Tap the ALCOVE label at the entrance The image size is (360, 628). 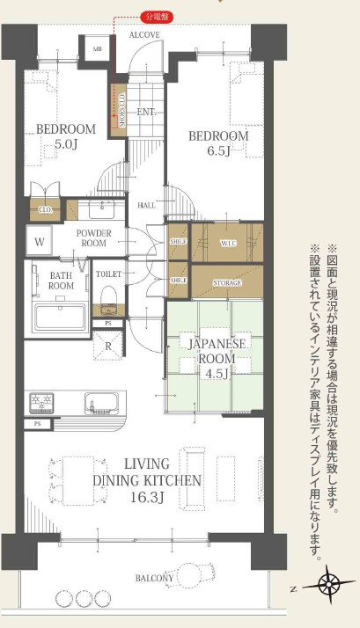pos(143,34)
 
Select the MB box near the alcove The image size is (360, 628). pos(98,48)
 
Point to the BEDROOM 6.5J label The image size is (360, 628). pos(219,142)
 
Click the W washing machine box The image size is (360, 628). pos(40,241)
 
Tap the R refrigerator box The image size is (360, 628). pos(108,346)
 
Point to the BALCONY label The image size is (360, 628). pos(154,578)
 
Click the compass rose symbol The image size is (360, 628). pos(328,584)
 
